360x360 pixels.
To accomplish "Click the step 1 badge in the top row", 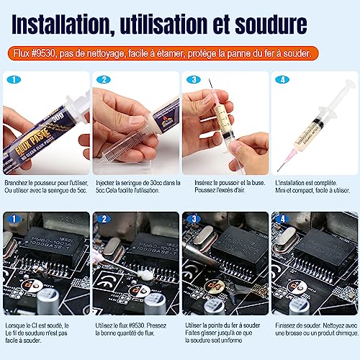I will pyautogui.click(x=14, y=81).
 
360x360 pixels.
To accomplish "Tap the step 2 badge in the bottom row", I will pyautogui.click(x=103, y=217).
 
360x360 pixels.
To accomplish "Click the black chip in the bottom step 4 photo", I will pyautogui.click(x=315, y=256).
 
